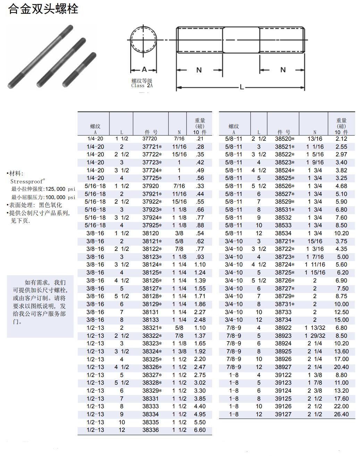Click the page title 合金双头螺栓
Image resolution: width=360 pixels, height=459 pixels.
pos(43,9)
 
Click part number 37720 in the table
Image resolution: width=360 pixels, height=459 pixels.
pos(150,139)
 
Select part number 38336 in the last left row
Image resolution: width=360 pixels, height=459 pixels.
pos(151,430)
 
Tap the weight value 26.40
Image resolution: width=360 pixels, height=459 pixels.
pos(341,414)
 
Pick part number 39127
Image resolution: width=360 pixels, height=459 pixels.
pos(283,414)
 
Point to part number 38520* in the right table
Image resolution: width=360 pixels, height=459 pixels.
pos(285,139)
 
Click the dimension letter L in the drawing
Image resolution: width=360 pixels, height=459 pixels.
pos(242,87)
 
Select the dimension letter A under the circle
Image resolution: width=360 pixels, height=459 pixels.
pos(144,69)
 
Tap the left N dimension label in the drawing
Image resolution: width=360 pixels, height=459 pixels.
pos(199,70)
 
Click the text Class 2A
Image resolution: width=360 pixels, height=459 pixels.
pos(142,85)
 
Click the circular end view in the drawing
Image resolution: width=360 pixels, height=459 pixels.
pos(144,39)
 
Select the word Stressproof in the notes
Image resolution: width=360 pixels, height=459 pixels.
pos(27,181)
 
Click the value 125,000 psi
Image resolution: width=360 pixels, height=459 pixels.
pos(60,189)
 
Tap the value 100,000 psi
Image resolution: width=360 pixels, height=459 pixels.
pos(60,197)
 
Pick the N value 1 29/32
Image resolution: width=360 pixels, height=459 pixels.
pos(315,336)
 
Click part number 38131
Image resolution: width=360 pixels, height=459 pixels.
pos(151,312)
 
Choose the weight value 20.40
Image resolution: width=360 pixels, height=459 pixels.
pos(341,367)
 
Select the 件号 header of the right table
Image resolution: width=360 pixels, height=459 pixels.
pos(283,132)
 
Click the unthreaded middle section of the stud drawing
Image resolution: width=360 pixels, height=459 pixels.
pos(241,40)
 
